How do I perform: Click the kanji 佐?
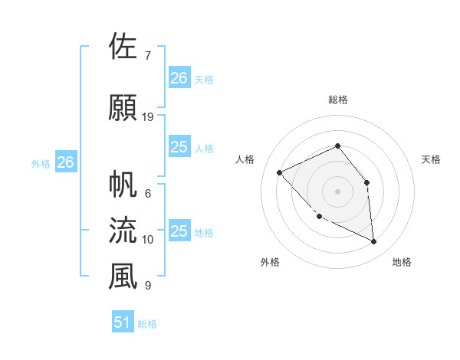coord(123,47)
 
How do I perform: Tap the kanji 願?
coord(123,108)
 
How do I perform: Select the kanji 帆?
coord(123,185)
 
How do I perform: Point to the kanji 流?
coord(123,231)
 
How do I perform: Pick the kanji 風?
coord(123,277)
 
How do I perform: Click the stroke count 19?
coord(149,117)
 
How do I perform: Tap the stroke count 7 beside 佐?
coord(147,56)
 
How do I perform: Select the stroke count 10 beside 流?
coord(148,240)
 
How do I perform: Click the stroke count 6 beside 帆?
coord(147,194)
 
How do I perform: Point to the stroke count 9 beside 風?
coord(147,286)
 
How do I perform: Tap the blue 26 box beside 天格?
coord(179,77)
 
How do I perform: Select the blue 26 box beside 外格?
coord(66,162)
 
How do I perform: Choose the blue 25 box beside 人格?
coord(179,147)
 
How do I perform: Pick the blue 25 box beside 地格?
coord(179,231)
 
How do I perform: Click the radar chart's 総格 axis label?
coord(337,100)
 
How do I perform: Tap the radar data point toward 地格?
coord(374,242)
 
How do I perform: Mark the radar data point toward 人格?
coord(280,172)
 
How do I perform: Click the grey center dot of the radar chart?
coord(337,191)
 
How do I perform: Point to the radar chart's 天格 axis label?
coord(432,159)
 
